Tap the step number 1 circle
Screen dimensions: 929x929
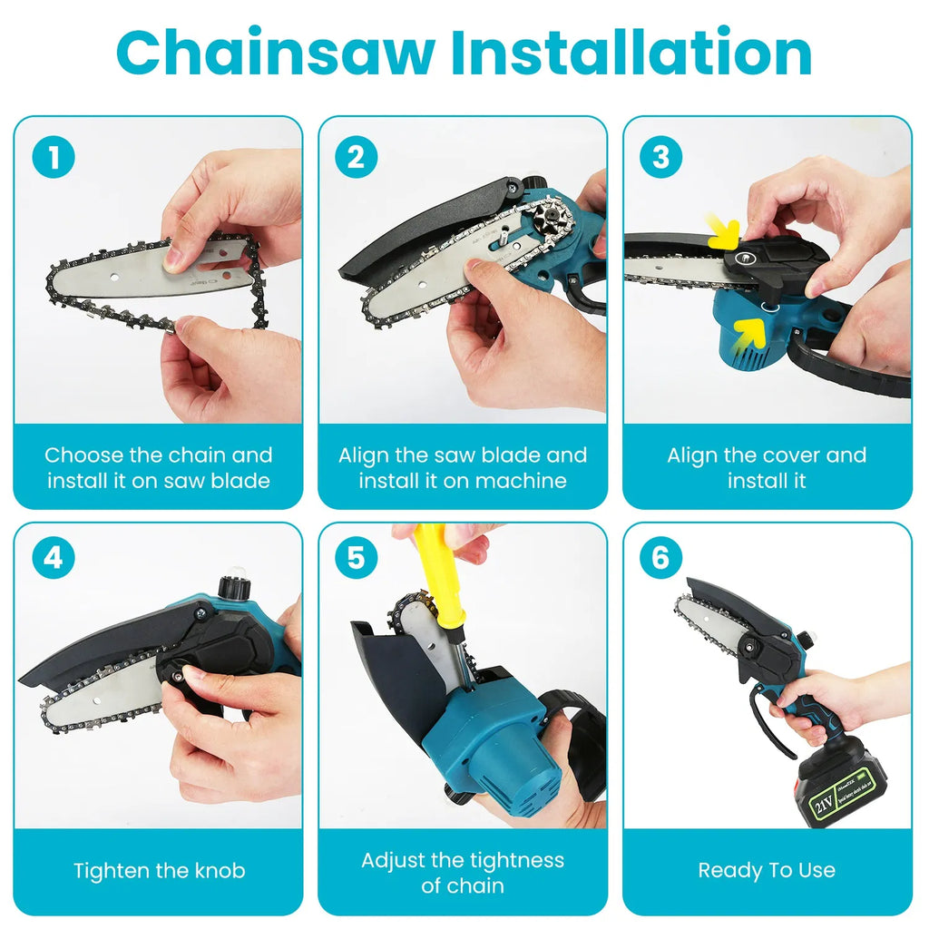[x=53, y=158]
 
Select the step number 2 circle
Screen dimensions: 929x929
[x=356, y=158]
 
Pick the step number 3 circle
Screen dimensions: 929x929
[x=660, y=158]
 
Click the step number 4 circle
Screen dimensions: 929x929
[x=53, y=557]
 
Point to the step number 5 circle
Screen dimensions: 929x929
[x=356, y=557]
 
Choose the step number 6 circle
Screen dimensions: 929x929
[x=660, y=557]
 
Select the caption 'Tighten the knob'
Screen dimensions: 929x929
[x=159, y=871]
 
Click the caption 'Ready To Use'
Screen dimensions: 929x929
[x=767, y=871]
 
